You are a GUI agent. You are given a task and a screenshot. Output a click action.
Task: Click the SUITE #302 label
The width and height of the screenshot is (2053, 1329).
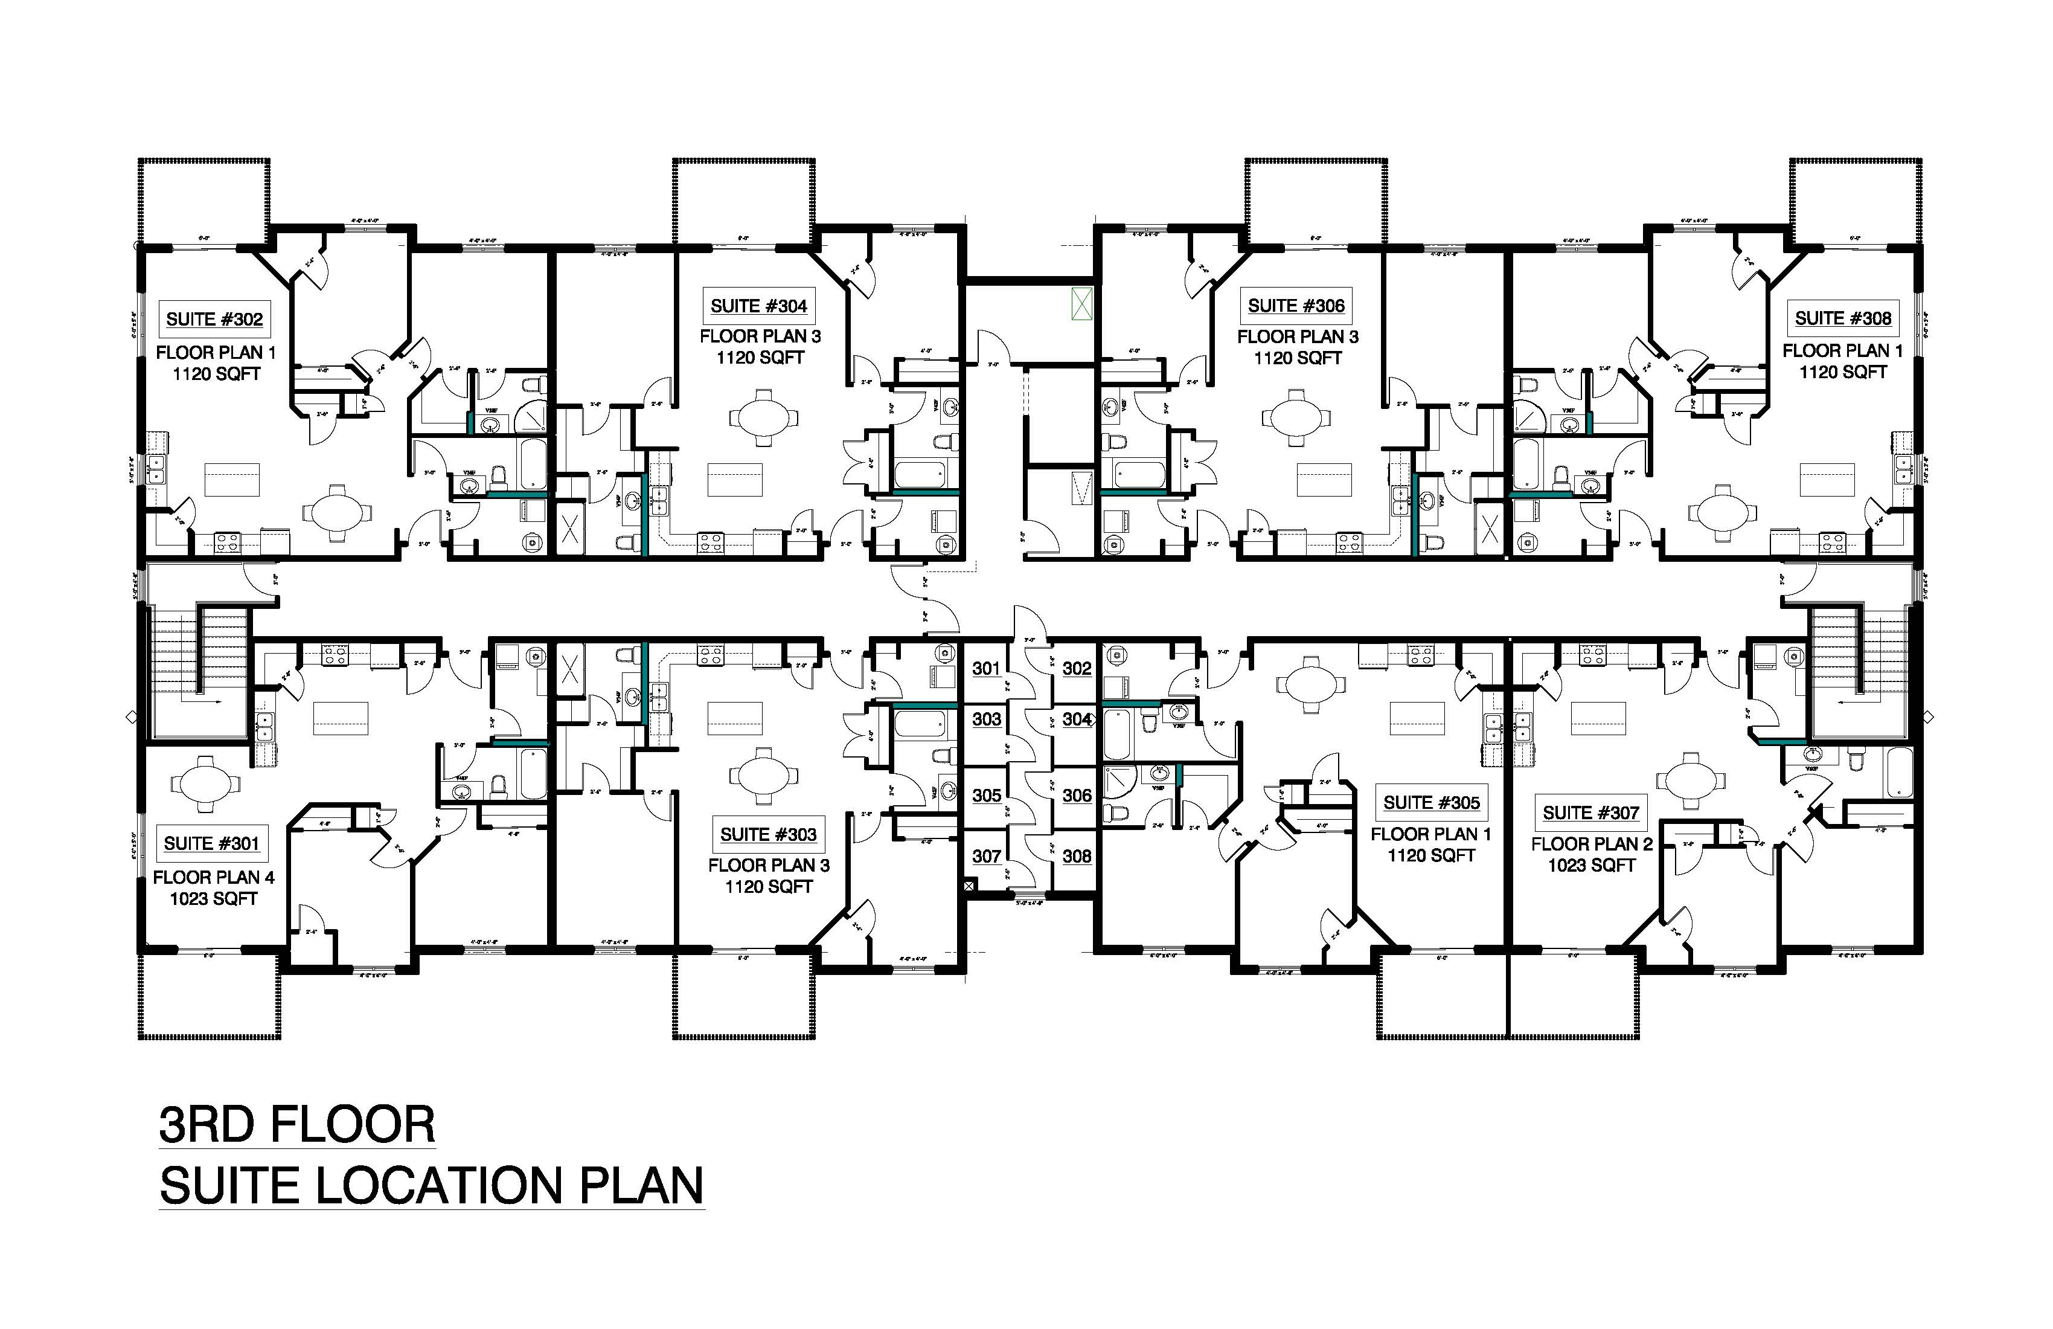[214, 320]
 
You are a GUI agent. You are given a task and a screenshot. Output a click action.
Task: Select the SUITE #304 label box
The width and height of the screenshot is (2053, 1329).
[758, 306]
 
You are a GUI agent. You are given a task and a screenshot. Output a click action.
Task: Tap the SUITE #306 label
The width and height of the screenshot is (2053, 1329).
[1296, 306]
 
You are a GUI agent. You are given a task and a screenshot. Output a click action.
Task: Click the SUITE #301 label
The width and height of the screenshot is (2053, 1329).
[211, 844]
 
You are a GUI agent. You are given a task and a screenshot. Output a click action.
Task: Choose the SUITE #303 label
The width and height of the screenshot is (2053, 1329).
[767, 834]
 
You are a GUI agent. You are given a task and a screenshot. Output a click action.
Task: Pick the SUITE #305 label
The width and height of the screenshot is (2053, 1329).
[1431, 803]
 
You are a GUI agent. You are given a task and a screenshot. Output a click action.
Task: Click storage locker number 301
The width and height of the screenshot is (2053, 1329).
[986, 669]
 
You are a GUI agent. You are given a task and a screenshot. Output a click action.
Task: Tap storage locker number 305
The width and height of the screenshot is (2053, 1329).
[986, 796]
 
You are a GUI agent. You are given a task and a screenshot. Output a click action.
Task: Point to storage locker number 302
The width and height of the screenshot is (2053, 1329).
[1077, 669]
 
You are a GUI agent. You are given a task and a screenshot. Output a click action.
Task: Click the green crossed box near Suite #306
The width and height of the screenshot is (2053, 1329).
[1081, 304]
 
